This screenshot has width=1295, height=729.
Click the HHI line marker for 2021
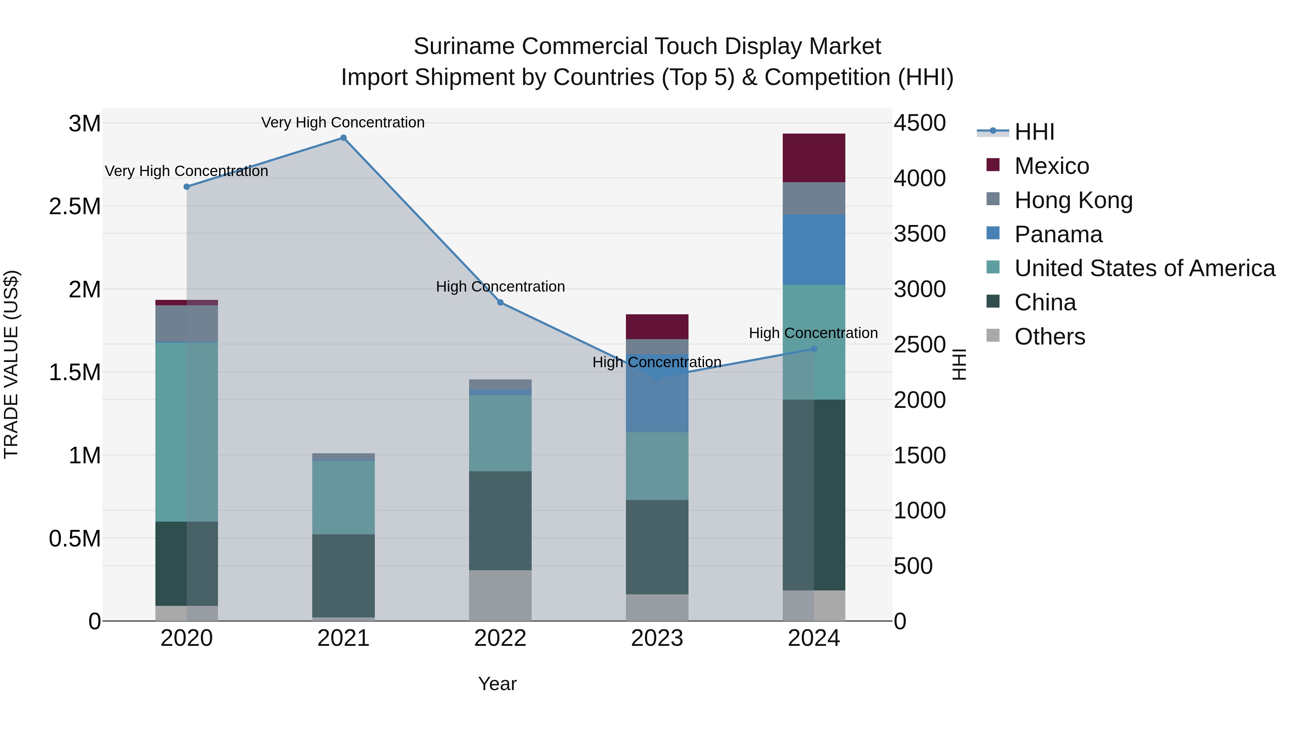344,138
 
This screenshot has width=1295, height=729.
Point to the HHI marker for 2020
186,186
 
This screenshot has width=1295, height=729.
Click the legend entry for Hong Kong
1073,200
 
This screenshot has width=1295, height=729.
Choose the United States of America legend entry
1145,268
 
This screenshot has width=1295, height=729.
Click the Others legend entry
1050,337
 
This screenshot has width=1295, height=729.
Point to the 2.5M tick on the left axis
75,207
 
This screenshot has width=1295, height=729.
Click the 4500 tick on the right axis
919,123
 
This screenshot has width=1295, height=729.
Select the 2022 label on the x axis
500,638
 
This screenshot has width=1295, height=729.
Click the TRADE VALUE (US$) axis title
11,364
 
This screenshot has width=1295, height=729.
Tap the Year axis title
497,684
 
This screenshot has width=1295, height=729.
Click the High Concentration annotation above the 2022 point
500,287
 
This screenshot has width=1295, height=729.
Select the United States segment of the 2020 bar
186,432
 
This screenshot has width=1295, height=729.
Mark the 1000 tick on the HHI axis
919,510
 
